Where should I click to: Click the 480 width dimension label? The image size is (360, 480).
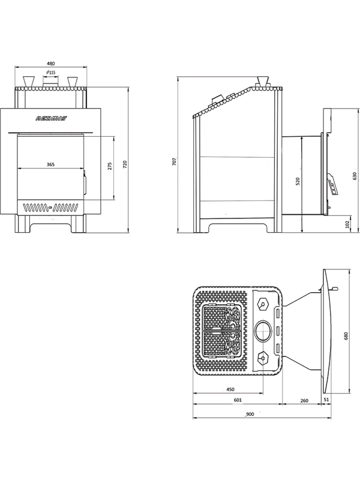pos(51,63)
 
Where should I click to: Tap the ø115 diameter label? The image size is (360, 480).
pos(50,73)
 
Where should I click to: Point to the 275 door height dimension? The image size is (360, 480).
pos(110,167)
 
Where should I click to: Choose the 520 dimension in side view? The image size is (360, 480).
pos(298,179)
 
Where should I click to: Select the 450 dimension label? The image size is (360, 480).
pos(230,389)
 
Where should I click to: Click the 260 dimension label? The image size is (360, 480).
pos(304,400)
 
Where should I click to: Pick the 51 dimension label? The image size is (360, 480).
pos(326,400)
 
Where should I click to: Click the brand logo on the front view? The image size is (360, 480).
pos(52,119)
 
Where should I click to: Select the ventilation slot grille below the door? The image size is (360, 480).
pos(50,208)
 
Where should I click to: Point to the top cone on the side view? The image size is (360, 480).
pos(262,82)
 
